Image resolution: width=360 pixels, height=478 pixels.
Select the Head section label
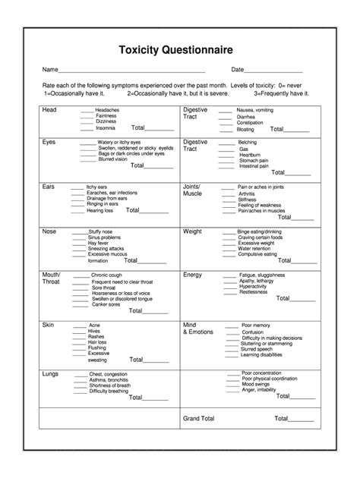(x=49, y=110)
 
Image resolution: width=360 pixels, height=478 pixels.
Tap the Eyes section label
(x=49, y=142)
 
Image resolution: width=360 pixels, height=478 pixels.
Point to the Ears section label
(x=49, y=186)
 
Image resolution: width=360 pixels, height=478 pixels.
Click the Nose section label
(x=50, y=231)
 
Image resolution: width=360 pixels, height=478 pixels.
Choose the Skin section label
(x=49, y=324)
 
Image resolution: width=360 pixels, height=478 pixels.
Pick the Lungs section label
(x=52, y=373)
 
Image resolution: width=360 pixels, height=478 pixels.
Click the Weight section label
(x=193, y=231)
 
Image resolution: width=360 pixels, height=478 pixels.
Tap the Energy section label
(x=194, y=275)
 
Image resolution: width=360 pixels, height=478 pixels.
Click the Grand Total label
(x=199, y=418)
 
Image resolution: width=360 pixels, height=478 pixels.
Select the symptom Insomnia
(x=106, y=128)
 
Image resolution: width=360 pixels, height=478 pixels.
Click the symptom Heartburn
(x=249, y=154)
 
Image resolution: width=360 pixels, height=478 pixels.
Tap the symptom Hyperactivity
(x=254, y=286)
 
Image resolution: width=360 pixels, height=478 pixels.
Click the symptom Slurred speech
(x=257, y=349)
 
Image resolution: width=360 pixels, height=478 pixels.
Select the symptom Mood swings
(x=256, y=385)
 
